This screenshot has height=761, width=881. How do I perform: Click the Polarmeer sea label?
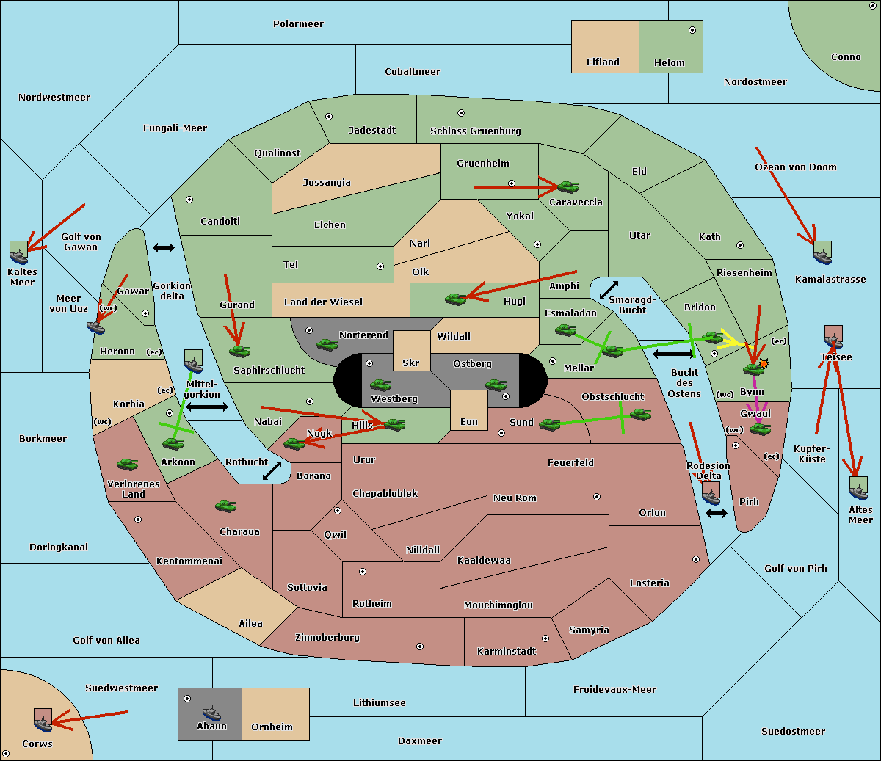[298, 24]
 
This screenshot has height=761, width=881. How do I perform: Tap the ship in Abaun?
[211, 713]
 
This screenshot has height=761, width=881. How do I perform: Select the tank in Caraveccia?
[568, 186]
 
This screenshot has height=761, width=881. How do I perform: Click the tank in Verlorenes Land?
[128, 464]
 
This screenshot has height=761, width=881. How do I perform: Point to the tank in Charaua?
[226, 506]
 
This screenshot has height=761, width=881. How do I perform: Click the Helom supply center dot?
[692, 30]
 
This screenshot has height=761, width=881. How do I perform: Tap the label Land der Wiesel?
[323, 302]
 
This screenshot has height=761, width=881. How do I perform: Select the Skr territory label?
[410, 363]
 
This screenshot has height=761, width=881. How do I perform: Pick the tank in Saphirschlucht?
[239, 351]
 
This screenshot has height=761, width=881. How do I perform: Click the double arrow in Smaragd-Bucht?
[609, 290]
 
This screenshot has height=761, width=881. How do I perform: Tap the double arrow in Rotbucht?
[272, 471]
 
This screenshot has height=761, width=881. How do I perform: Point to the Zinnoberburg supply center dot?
[420, 647]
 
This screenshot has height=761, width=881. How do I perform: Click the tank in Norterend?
[327, 344]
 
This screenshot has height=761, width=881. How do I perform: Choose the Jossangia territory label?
[327, 183]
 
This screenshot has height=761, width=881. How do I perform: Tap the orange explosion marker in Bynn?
[764, 363]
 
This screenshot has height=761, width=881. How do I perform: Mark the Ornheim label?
[272, 727]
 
